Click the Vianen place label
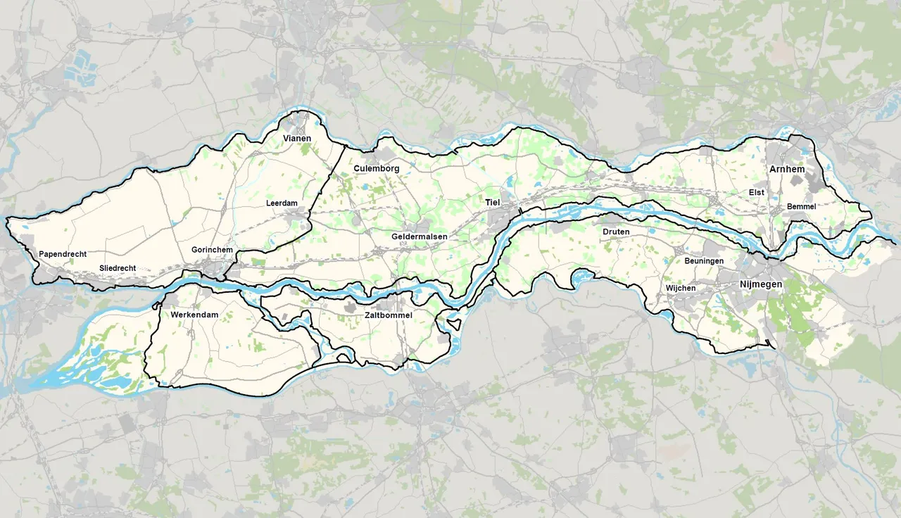pos(296,139)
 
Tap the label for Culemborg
pos(377,169)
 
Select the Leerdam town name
pos(282,203)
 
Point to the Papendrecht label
pos(63,253)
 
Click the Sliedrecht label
pos(118,268)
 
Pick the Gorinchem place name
pos(211,250)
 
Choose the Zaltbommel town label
pos(389,315)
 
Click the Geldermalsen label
pos(420,237)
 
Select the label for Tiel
pos(493,202)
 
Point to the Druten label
pos(616,232)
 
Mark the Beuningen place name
pos(704,261)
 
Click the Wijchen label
pos(680,289)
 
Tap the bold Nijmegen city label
pos(761,284)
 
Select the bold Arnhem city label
pos(787,170)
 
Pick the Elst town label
pos(757,192)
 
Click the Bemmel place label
pos(802,206)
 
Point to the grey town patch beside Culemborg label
pos(386,156)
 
